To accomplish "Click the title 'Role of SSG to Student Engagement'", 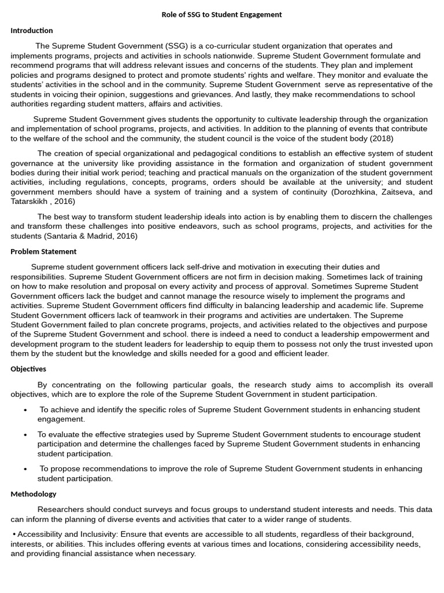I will (x=221, y=14).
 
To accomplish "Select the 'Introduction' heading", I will (x=32, y=30).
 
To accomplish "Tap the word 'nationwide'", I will (x=230, y=56).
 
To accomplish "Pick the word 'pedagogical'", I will (x=237, y=153).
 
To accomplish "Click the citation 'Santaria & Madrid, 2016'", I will (x=91, y=236).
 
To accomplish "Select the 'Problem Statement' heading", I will (x=43, y=251).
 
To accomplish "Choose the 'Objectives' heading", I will (x=28, y=369).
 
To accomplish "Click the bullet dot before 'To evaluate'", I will (x=26, y=434).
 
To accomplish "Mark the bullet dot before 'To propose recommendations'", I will (x=26, y=469).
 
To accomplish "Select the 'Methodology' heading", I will (x=34, y=494).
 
